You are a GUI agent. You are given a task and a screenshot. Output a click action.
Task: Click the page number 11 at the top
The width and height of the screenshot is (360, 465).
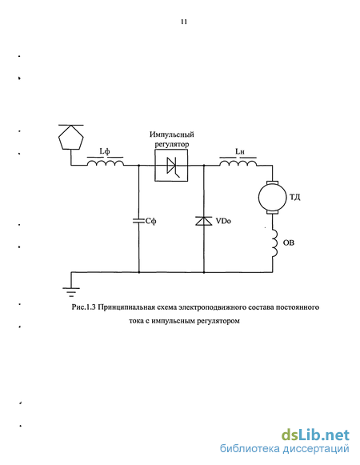pyautogui.click(x=184, y=22)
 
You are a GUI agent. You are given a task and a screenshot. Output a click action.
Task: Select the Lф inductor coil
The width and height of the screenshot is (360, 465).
pyautogui.click(x=106, y=162)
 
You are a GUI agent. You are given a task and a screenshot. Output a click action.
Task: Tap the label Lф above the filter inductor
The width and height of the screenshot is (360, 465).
pyautogui.click(x=105, y=151)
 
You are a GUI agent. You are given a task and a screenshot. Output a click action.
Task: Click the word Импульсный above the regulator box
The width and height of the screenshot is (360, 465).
pyautogui.click(x=172, y=134)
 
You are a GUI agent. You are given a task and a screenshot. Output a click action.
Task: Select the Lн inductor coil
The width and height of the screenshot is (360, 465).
pyautogui.click(x=238, y=162)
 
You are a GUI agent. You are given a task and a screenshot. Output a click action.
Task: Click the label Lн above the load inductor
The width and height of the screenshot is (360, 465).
pyautogui.click(x=240, y=151)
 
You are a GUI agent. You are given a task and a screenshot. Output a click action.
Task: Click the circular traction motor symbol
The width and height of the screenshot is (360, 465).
pyautogui.click(x=272, y=197)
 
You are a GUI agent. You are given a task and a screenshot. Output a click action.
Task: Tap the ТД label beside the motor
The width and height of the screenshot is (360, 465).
pyautogui.click(x=294, y=197)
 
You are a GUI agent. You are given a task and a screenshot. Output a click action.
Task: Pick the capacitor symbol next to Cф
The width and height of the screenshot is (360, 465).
pyautogui.click(x=138, y=221)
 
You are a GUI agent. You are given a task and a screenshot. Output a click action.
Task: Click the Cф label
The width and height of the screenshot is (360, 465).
pyautogui.click(x=151, y=221)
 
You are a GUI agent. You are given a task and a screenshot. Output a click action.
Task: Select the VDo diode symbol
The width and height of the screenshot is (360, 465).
pyautogui.click(x=204, y=221)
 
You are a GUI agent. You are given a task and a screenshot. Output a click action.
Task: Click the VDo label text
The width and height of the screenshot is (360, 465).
pyautogui.click(x=223, y=221)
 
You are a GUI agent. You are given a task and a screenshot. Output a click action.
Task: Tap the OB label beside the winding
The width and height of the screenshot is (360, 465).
pyautogui.click(x=289, y=243)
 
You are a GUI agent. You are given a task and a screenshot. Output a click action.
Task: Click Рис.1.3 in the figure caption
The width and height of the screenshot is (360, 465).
pyautogui.click(x=83, y=307)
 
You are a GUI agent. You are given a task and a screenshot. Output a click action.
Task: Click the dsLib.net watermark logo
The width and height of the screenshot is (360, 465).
pyautogui.click(x=315, y=435)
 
